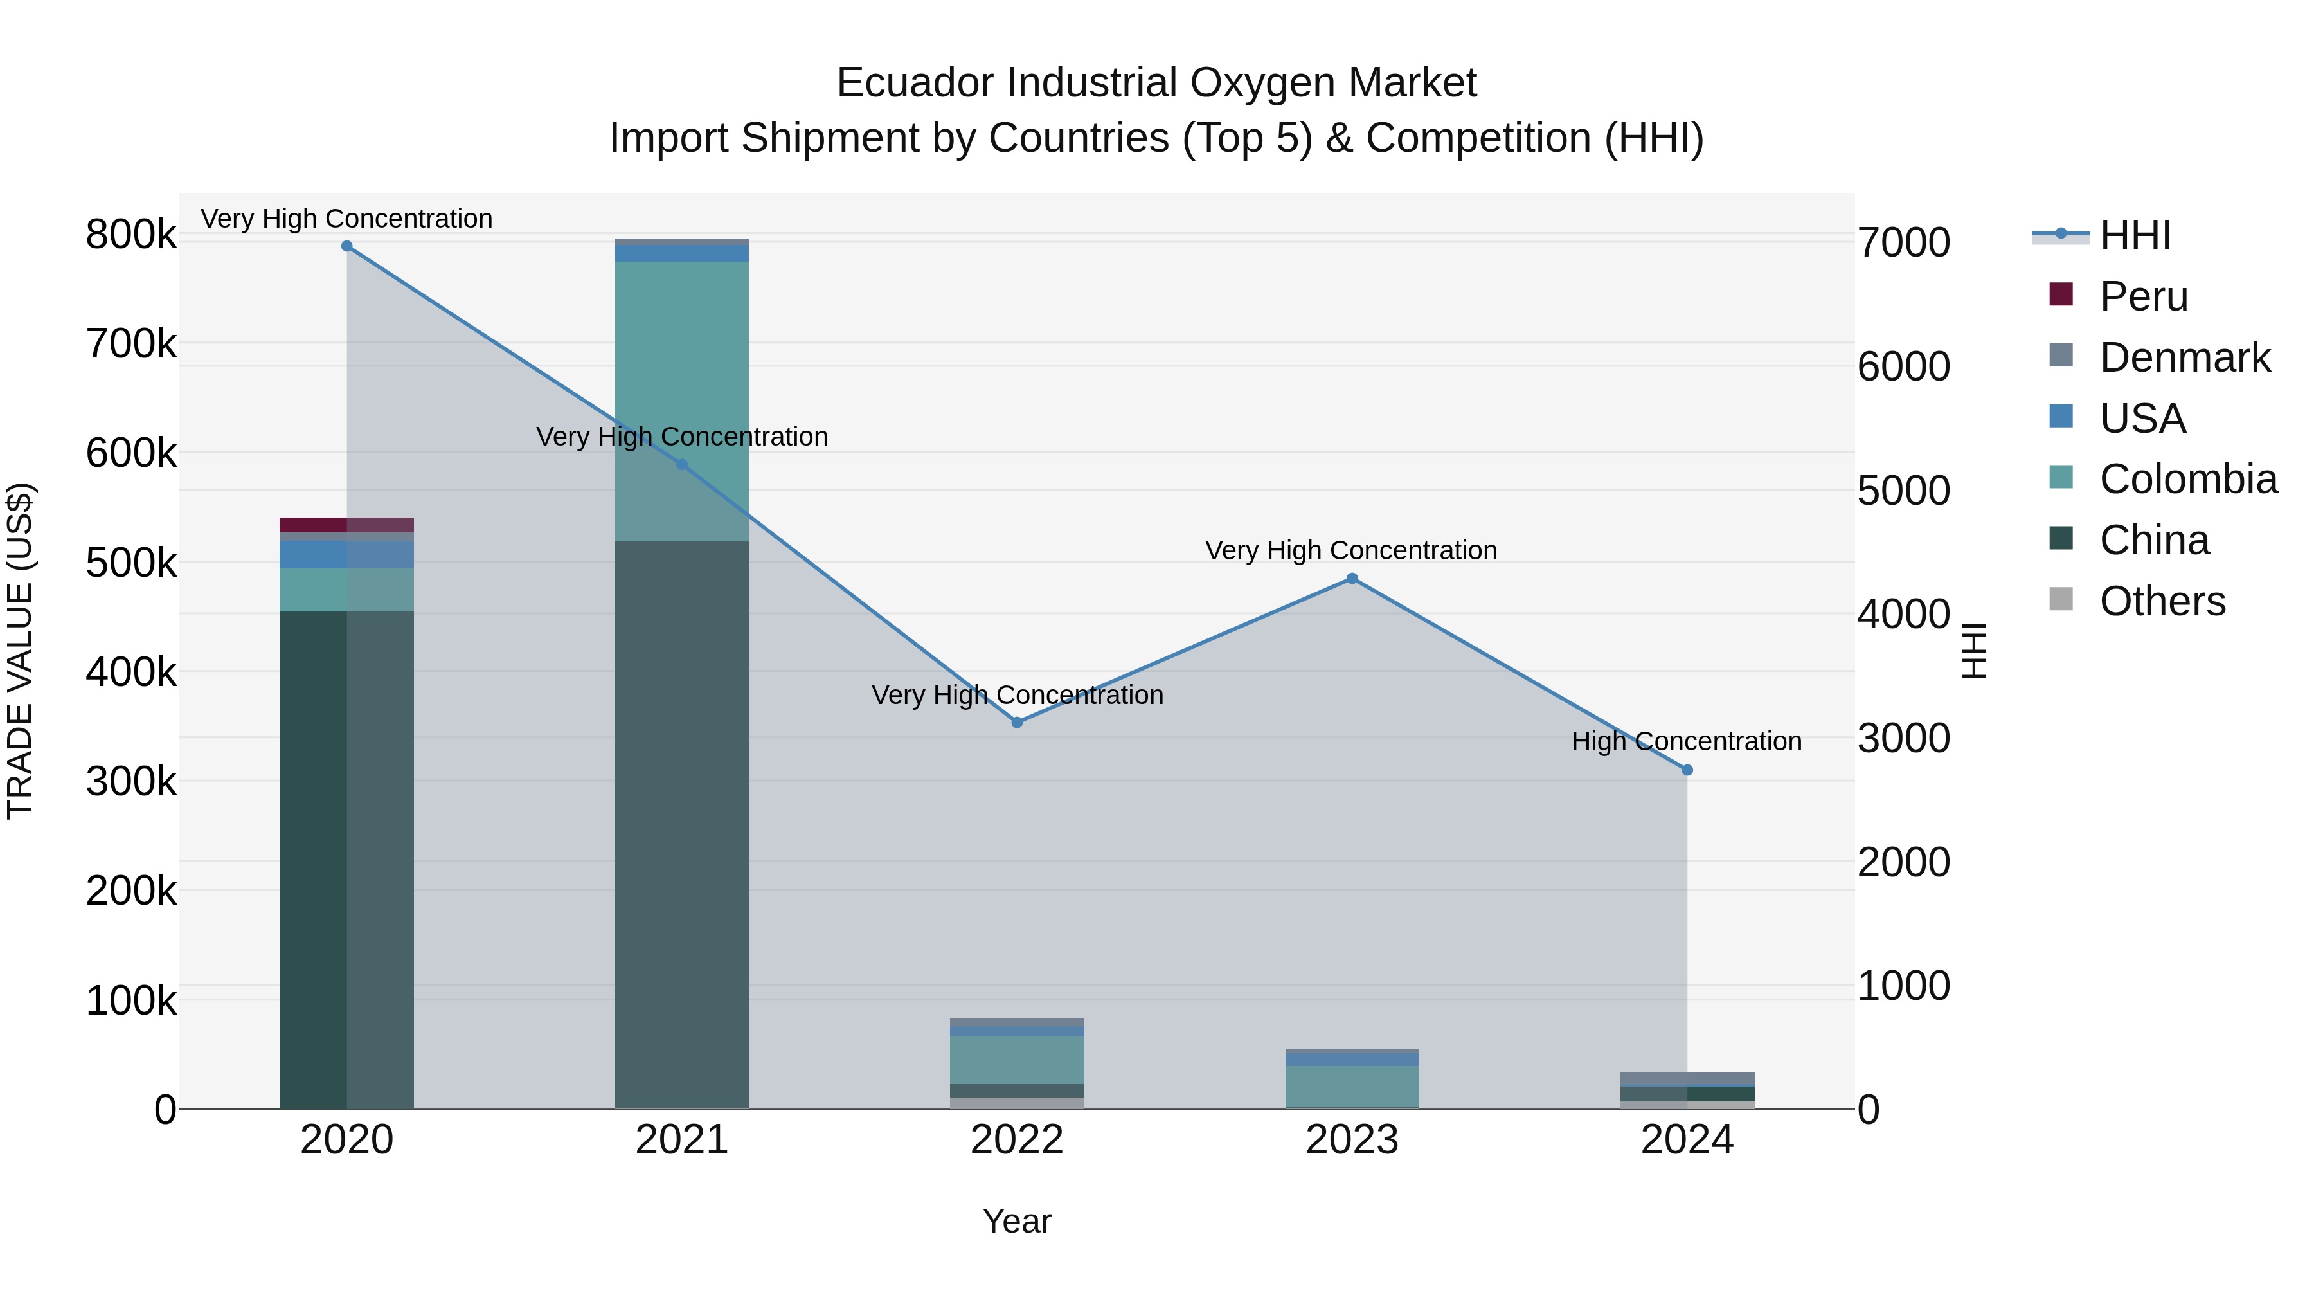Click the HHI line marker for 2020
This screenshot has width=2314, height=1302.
[x=346, y=246]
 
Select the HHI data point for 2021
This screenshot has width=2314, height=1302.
[x=682, y=465]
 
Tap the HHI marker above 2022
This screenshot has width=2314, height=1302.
[x=1017, y=723]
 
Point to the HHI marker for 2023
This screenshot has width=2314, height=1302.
[x=1352, y=579]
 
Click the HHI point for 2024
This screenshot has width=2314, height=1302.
[x=1687, y=770]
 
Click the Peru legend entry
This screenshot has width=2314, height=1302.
[x=2143, y=296]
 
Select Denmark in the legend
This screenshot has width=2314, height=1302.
[x=2185, y=357]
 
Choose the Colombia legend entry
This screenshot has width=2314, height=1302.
[x=2188, y=479]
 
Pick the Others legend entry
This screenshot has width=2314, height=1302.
[x=2162, y=601]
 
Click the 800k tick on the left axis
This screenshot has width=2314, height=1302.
[x=131, y=235]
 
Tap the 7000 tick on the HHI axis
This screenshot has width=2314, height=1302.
[x=1903, y=242]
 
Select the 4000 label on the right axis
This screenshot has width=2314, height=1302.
[x=1903, y=615]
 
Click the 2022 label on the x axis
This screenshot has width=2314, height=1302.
[x=1017, y=1140]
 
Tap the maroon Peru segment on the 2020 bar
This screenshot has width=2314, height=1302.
[x=346, y=525]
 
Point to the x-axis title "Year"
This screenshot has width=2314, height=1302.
[x=1017, y=1221]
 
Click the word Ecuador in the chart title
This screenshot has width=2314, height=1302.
[x=916, y=83]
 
